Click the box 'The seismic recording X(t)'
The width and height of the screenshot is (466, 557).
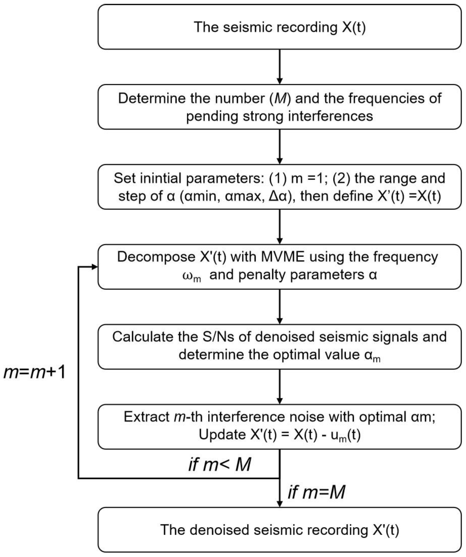point(280,27)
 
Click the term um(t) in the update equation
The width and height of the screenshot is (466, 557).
point(345,435)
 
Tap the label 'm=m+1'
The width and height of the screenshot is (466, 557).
point(34,372)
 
